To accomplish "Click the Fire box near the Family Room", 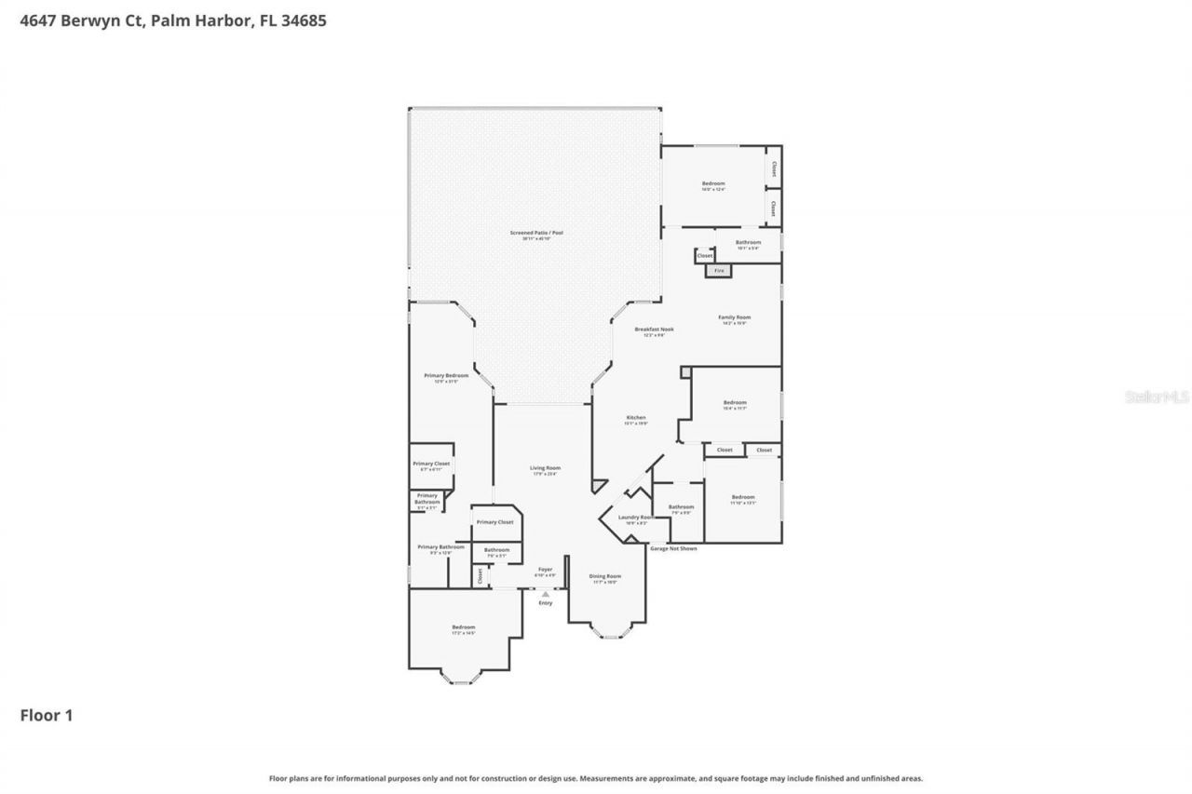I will point(719,271).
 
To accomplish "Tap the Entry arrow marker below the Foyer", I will point(546,593).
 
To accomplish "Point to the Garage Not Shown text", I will point(672,548).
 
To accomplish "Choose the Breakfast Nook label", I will point(654,330).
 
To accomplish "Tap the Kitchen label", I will point(636,419).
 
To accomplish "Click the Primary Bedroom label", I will point(446,377).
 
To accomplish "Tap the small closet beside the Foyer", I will point(481,576).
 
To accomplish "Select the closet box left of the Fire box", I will point(705,256).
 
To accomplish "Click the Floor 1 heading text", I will point(47,715).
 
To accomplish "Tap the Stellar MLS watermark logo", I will point(1157,397).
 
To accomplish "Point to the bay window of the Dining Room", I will point(612,636).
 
